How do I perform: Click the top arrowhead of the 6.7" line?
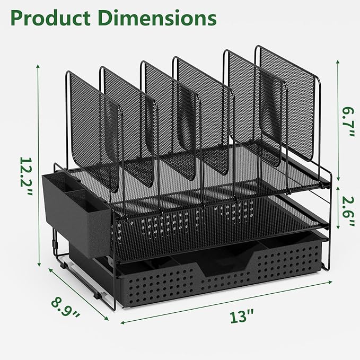[x=337, y=59]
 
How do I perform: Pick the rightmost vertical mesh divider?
[x=289, y=101]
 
